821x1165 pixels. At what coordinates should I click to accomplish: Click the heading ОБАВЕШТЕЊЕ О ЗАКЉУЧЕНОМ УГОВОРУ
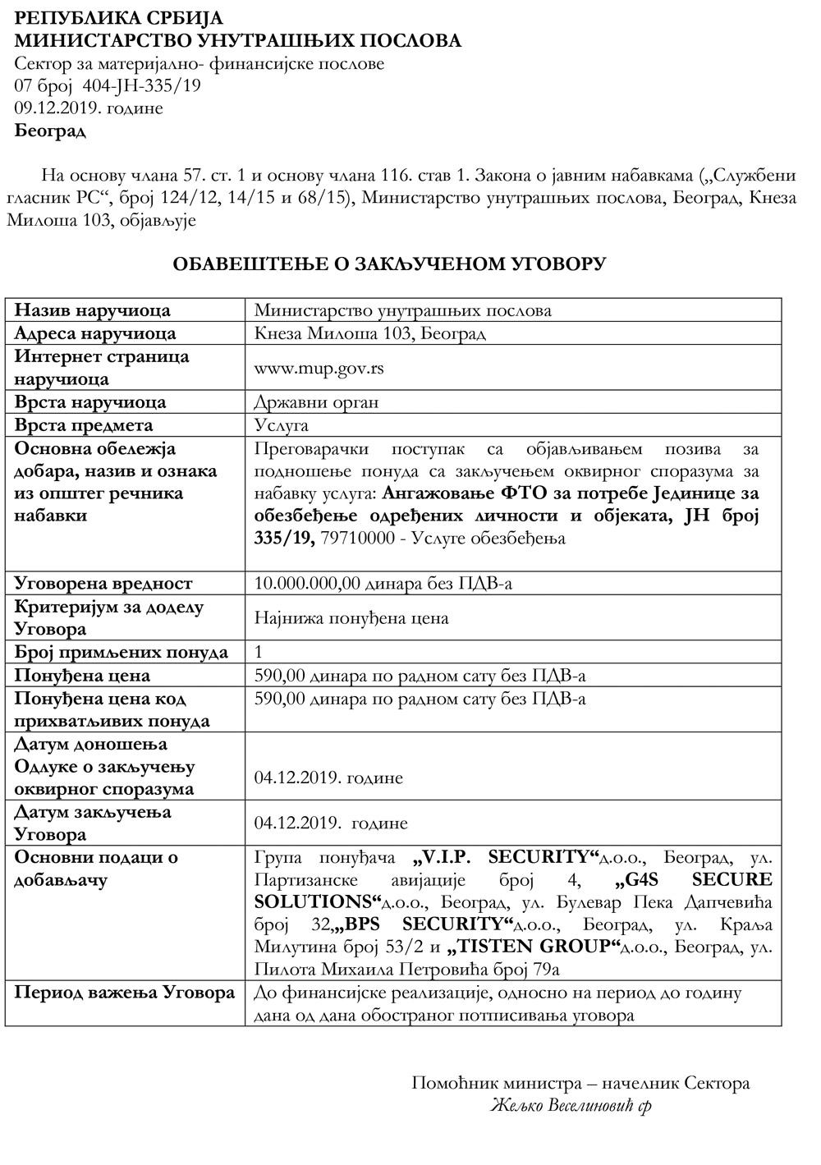click(x=388, y=264)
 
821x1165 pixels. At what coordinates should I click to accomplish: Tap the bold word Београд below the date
click(x=50, y=131)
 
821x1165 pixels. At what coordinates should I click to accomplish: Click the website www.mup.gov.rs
click(x=319, y=368)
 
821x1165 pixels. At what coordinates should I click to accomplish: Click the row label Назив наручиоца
click(x=93, y=310)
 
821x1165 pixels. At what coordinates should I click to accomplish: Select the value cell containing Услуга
click(x=282, y=425)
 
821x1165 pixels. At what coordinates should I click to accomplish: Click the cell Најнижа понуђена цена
click(x=351, y=617)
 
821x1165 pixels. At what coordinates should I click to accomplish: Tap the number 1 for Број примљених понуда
click(x=259, y=653)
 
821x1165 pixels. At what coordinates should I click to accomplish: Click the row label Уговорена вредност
click(x=103, y=584)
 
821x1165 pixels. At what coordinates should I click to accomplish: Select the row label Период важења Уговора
click(x=125, y=993)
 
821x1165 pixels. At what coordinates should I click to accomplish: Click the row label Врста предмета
click(x=84, y=425)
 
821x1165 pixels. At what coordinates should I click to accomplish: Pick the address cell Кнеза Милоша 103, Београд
click(x=369, y=333)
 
